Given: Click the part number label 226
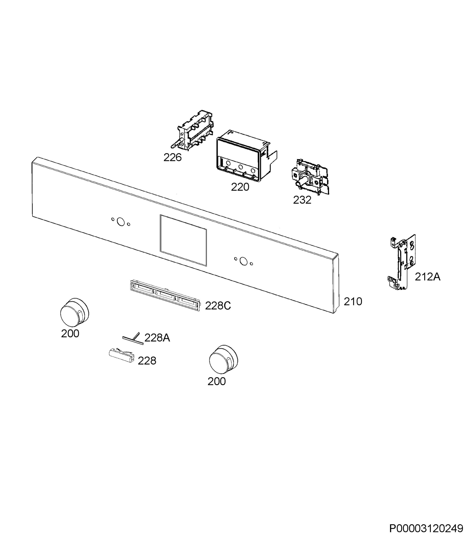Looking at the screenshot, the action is [x=172, y=157].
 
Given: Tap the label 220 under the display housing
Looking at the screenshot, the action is [x=240, y=187].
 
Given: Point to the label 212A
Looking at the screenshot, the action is [x=428, y=277].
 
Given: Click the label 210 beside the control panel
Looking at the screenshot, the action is [x=353, y=302].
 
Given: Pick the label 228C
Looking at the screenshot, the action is [x=218, y=306].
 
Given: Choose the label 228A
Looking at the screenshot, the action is [x=157, y=338].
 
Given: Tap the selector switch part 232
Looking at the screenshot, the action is [x=310, y=177].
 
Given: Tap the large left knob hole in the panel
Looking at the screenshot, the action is [x=121, y=222].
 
